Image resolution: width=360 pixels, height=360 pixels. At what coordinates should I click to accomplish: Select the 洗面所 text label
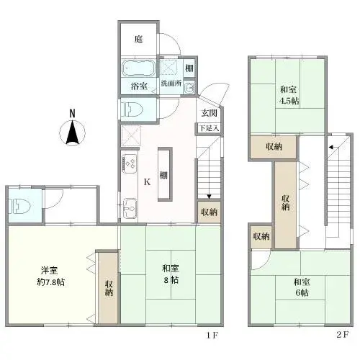pyautogui.click(x=171, y=84)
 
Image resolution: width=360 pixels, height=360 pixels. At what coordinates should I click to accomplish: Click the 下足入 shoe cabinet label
pyautogui.click(x=209, y=127)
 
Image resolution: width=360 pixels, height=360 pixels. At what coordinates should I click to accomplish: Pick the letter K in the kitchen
pyautogui.click(x=147, y=181)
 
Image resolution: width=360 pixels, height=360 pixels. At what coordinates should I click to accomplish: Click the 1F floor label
pyautogui.click(x=212, y=336)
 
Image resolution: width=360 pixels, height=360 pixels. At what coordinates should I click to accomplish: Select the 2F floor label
pyautogui.click(x=341, y=336)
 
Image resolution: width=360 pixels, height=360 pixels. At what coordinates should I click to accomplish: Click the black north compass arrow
pyautogui.click(x=72, y=133)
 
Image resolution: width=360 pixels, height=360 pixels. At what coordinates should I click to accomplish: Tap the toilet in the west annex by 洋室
pyautogui.click(x=19, y=205)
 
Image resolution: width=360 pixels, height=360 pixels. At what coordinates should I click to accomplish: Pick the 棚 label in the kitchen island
pyautogui.click(x=164, y=174)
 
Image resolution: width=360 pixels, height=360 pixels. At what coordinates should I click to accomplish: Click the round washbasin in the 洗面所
pyautogui.click(x=188, y=88)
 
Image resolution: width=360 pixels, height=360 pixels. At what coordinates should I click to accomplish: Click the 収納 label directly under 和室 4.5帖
pyautogui.click(x=273, y=146)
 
